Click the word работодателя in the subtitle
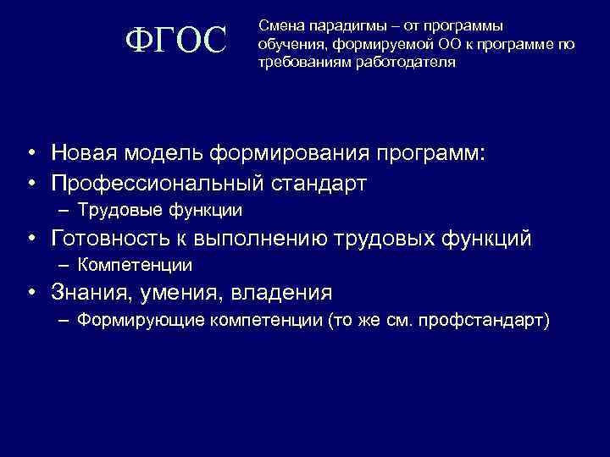pos(398,63)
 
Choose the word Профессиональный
pos(159,183)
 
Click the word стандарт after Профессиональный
pos(321,183)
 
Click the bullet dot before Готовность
pos(30,240)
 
